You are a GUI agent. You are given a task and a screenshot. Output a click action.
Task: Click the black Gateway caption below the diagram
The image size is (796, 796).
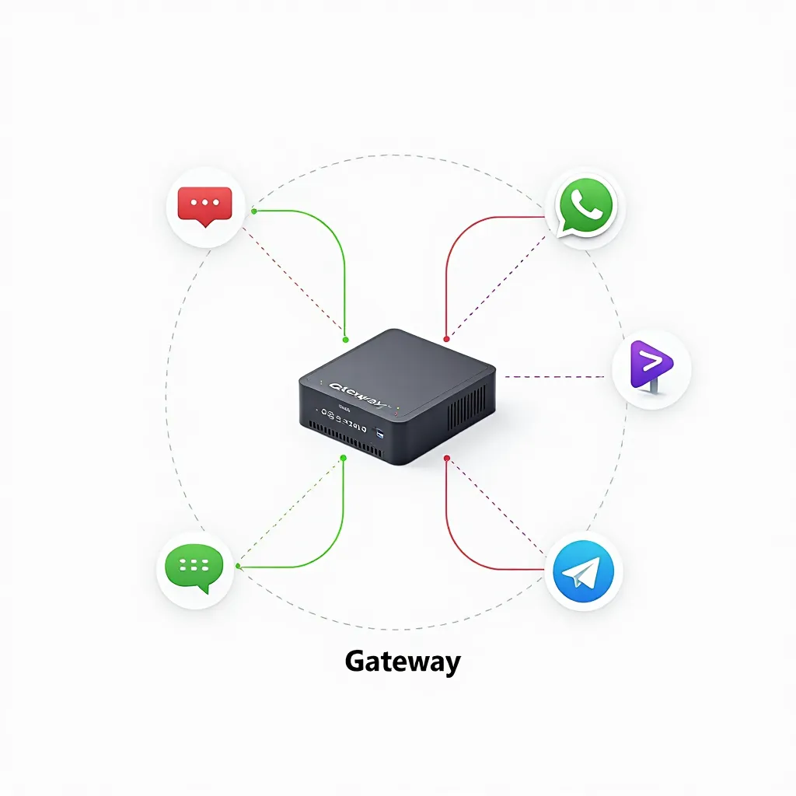point(402,662)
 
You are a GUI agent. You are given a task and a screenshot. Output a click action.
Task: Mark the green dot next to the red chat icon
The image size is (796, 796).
point(254,211)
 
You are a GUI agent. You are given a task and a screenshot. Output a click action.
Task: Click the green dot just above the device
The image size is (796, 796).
point(345,339)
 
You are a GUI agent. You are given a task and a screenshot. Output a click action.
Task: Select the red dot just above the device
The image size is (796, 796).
point(446,339)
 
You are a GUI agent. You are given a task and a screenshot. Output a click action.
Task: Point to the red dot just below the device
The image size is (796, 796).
point(446,459)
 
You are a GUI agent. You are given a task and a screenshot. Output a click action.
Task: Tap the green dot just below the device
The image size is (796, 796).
point(343,458)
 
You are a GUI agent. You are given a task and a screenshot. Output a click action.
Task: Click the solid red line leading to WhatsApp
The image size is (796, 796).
point(466,229)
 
